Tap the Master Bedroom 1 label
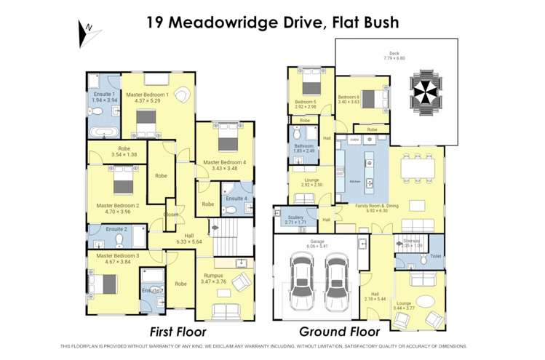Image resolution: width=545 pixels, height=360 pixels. [x=148, y=95]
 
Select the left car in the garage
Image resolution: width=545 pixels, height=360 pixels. [x=300, y=284]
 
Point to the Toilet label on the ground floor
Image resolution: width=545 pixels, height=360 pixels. [x=434, y=256]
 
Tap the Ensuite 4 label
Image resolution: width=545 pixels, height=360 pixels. [x=236, y=198]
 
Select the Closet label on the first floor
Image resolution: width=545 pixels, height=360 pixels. [x=171, y=215]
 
